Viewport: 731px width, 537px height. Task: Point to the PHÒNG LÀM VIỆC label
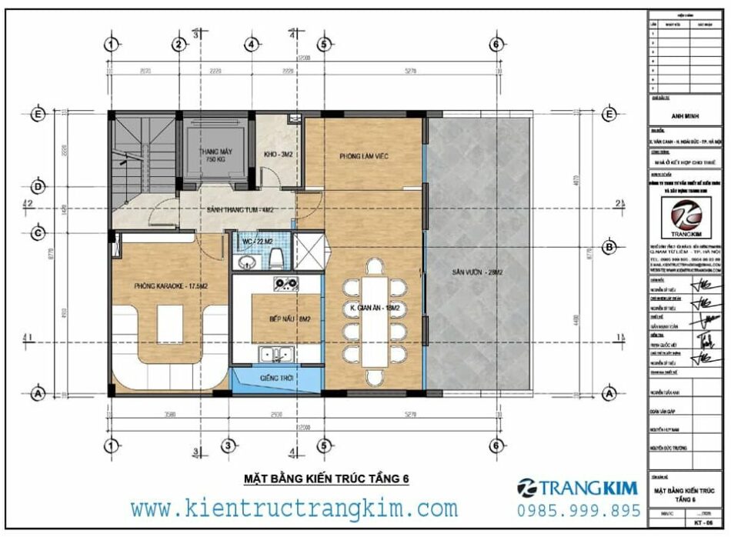(363, 156)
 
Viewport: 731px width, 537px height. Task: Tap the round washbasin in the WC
(246, 263)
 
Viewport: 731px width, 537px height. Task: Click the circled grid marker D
(35, 186)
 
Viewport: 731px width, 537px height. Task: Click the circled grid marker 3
(227, 445)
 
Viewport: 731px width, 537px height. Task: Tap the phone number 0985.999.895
(579, 511)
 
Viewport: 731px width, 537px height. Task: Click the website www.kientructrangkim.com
(294, 508)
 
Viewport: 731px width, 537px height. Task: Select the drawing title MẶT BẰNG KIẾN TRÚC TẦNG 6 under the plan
(326, 479)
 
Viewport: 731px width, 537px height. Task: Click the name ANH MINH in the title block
(684, 116)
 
